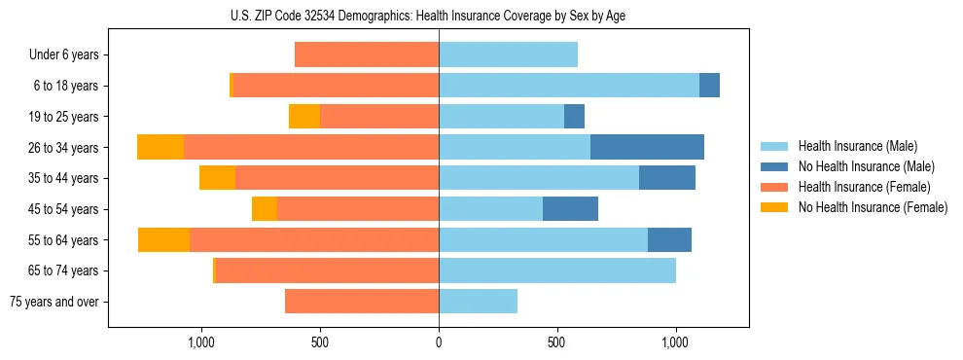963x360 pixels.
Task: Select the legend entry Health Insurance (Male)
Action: coord(856,146)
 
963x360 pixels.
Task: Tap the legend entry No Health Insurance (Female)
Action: coord(870,207)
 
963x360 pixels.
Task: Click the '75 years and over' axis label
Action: coord(54,302)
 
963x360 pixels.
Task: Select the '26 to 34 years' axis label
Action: coord(64,148)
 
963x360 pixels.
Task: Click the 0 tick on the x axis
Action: coord(439,342)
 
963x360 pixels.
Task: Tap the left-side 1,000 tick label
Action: coord(201,342)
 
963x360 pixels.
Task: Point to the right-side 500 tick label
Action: coord(557,342)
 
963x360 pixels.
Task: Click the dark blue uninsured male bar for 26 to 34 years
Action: coord(647,147)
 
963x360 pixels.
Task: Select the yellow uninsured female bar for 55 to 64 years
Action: coord(163,239)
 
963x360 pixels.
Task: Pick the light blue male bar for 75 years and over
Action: coord(478,302)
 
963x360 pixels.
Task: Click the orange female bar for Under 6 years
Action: coord(367,54)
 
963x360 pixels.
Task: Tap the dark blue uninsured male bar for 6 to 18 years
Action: coord(709,86)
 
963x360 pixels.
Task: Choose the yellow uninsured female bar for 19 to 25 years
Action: coord(304,117)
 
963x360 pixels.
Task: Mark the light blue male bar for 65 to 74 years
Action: coord(557,270)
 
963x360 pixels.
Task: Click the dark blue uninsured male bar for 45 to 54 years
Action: coord(570,208)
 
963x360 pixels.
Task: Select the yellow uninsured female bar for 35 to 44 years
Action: coord(217,178)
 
